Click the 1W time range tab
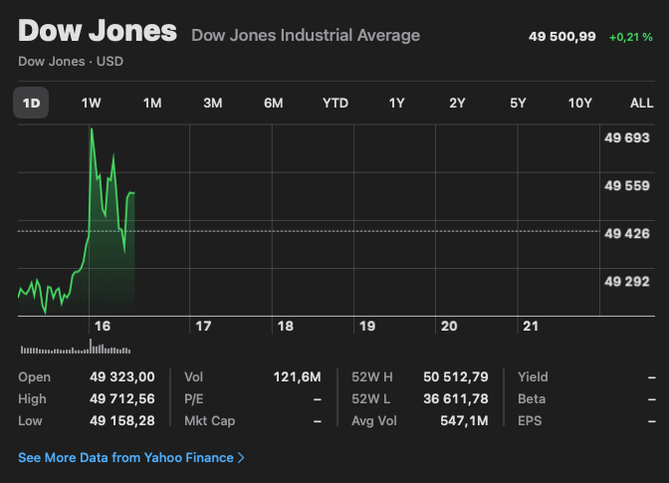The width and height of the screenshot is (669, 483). pos(91,103)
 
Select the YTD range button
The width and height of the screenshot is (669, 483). pos(335,103)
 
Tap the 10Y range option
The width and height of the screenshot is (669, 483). pos(579,103)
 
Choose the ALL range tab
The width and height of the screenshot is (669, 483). pos(642,103)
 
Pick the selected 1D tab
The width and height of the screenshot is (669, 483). pos(31,103)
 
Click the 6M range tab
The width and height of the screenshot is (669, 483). pos(274,103)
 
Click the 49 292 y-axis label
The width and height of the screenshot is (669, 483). pos(627,281)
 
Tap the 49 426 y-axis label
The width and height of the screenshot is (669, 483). pos(627,233)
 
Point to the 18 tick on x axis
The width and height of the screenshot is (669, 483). pos(285,326)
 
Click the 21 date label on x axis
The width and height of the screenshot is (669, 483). pos(531,326)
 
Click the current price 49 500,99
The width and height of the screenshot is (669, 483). pos(561,37)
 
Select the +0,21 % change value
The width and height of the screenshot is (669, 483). pos(632,37)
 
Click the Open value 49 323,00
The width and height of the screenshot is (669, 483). pos(121,377)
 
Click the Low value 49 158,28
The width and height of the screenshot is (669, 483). pos(121,421)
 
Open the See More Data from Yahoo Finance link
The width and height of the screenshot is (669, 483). pos(131,458)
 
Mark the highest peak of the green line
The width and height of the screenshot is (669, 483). pos(92,128)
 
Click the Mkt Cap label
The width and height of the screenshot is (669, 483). pos(209,421)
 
